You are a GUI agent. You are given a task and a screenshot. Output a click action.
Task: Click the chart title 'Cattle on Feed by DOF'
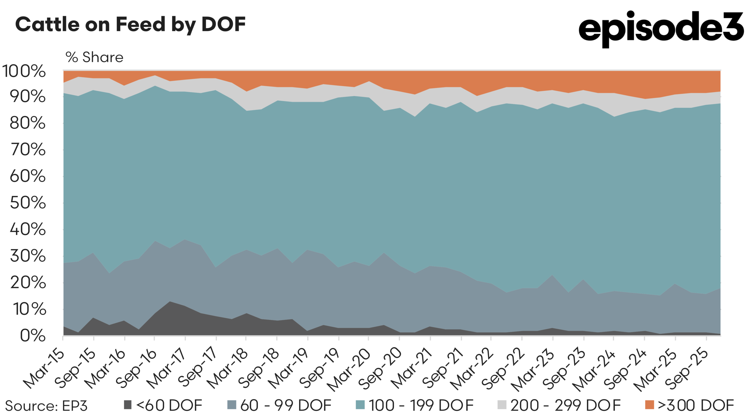tap(130, 24)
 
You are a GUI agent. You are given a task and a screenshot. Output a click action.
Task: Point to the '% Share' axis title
tap(94, 57)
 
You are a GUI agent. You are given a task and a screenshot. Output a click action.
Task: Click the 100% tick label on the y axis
tap(24, 71)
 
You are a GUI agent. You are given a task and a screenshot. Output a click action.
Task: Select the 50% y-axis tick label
tap(28, 203)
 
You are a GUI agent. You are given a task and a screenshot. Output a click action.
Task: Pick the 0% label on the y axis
tap(33, 335)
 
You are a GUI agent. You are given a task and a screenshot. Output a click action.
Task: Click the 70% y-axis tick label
tap(28, 150)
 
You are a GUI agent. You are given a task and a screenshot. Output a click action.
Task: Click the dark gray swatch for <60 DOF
tap(127, 405)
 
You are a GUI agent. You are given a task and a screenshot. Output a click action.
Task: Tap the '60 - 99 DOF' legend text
tap(286, 405)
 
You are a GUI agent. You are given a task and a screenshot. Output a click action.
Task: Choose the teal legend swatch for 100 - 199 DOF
tap(360, 405)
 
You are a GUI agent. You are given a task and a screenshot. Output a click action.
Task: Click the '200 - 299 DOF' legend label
tap(565, 405)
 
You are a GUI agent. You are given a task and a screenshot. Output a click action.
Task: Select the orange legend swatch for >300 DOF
tap(649, 405)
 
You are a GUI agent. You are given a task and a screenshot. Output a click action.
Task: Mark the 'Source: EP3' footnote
tap(46, 406)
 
